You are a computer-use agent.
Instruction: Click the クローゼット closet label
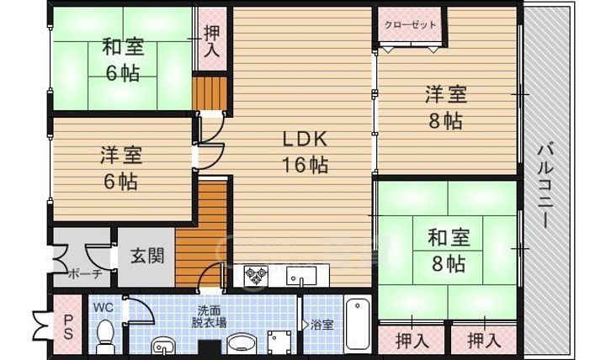[x=411, y=24]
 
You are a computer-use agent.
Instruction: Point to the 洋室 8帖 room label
[x=445, y=106]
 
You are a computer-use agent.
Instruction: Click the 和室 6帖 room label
[x=124, y=58]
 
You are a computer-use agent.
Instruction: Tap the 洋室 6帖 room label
[x=121, y=167]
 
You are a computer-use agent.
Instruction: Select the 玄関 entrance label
[x=146, y=255]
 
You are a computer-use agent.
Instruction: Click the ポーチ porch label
[x=85, y=273]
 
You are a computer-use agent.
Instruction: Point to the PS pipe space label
[x=68, y=326]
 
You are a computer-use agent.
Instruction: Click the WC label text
[x=103, y=307]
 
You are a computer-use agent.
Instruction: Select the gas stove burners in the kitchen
[x=256, y=274]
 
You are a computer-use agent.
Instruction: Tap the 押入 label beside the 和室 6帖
[x=210, y=40]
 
